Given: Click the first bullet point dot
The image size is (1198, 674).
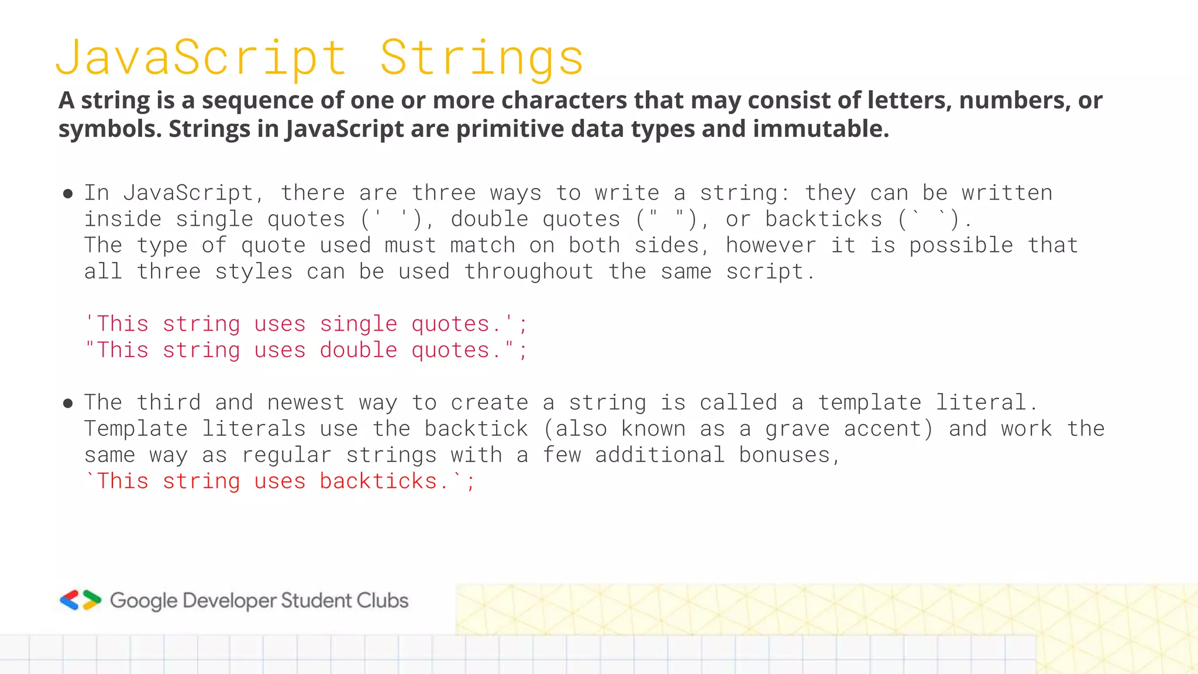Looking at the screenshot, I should click(68, 194).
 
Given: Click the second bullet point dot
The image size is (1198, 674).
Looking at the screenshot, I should click(68, 403).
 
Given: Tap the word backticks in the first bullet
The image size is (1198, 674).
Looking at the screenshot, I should click(824, 219).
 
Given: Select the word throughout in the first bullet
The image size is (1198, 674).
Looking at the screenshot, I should click(529, 271).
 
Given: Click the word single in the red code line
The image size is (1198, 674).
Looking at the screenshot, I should click(359, 324).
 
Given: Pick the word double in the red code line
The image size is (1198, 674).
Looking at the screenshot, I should click(359, 350).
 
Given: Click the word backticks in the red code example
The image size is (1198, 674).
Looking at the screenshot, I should click(378, 482).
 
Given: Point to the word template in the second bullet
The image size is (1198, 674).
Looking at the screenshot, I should click(869, 403).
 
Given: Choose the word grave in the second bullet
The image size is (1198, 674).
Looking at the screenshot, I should click(797, 429).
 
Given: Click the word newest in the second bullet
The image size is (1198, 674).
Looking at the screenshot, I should click(306, 403).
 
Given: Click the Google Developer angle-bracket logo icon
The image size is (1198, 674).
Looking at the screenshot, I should click(81, 600).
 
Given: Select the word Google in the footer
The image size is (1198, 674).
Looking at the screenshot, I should click(143, 601).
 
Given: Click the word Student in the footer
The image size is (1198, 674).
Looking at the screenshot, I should click(315, 600).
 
